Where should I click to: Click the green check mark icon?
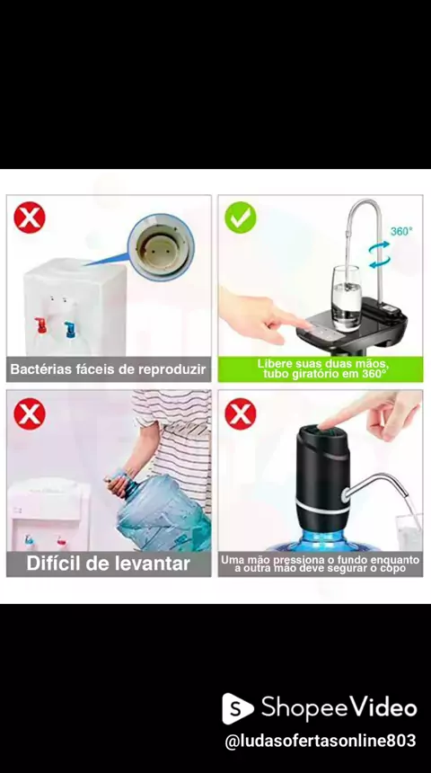tap(241, 218)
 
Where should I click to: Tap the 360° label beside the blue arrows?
tap(401, 231)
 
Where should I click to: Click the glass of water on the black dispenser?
tap(347, 298)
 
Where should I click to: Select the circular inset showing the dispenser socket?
tap(161, 247)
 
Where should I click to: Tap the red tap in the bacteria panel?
tap(40, 325)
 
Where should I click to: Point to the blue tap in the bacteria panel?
tap(70, 329)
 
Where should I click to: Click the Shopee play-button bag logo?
tap(237, 708)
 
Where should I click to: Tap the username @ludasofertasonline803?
tap(321, 741)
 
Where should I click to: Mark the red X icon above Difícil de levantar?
tap(30, 414)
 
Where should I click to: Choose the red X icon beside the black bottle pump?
tap(241, 414)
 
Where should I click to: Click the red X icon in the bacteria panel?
tap(30, 218)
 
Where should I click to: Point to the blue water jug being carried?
tap(161, 512)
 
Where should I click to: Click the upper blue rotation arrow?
tap(379, 244)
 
